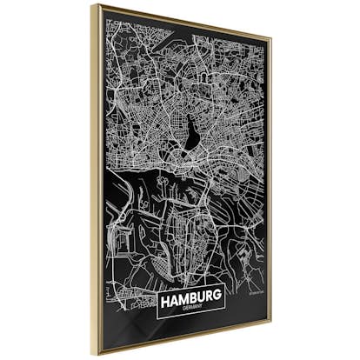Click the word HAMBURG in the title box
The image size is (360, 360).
191,297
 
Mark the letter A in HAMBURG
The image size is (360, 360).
175,297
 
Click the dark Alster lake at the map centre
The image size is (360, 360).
190,130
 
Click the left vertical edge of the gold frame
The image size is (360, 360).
96,174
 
